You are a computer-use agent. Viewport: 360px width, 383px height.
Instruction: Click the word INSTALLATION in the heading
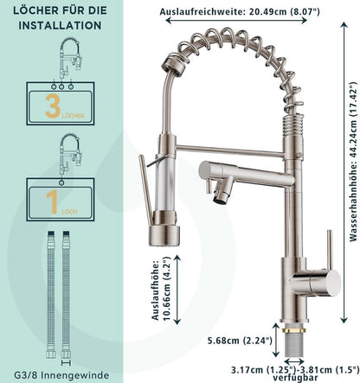[x=60, y=25]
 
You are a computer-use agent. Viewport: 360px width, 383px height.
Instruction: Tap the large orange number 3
[x=53, y=106]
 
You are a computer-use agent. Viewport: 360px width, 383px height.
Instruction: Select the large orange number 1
[x=52, y=202]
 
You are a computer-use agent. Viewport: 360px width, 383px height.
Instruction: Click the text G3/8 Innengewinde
[x=61, y=375]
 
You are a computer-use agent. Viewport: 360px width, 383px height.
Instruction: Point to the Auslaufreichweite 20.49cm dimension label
[x=240, y=12]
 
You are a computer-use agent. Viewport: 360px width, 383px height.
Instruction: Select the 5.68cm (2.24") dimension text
[x=240, y=341]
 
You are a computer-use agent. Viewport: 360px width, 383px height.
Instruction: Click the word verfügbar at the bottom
[x=295, y=377]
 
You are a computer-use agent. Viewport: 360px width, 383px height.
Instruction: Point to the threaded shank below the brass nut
[x=294, y=345]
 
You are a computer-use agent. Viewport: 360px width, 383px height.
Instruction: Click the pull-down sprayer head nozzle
[x=164, y=236]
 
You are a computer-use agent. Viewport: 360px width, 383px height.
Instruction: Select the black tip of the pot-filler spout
[x=218, y=199]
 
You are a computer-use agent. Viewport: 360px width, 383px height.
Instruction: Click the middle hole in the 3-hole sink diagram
[x=61, y=86]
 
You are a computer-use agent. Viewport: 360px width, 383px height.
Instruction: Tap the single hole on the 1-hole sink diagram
[x=61, y=182]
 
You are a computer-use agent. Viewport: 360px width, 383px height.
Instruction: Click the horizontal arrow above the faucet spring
[x=236, y=20]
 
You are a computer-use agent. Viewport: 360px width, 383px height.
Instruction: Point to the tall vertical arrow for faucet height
[x=344, y=173]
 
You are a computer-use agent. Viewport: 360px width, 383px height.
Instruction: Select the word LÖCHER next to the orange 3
[x=73, y=116]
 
